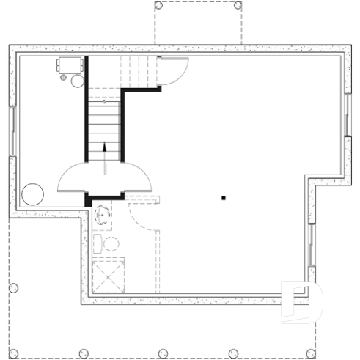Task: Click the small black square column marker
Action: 224,197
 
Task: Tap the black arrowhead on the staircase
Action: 104,147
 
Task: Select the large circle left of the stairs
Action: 32,194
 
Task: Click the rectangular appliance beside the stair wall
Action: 70,65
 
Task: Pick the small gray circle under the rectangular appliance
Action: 76,80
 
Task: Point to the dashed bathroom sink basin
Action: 102,215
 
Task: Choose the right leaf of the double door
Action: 131,177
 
